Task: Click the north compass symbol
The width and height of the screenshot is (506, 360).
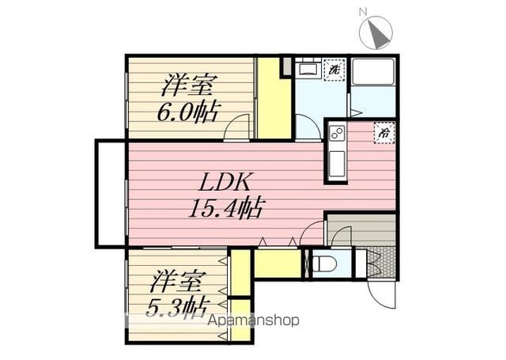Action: coord(376,33)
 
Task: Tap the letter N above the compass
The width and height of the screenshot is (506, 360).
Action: coord(363,13)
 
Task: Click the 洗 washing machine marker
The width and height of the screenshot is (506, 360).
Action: coord(334,70)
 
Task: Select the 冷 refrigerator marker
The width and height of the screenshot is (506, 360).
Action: coord(384,132)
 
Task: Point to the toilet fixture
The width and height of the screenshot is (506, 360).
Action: coord(325,263)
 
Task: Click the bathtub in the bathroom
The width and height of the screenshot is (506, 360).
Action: coord(373,72)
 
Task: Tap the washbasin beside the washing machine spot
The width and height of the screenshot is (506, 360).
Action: coord(308,70)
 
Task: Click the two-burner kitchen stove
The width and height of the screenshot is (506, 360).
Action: coord(336,134)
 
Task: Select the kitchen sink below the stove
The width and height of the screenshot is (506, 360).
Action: coord(337,164)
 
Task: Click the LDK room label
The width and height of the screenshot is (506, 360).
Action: coord(225,183)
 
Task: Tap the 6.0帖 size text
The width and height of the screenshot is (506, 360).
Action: coord(187,112)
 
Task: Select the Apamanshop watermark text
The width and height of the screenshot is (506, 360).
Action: coord(253,320)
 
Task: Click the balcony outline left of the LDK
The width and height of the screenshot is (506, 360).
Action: coord(96,194)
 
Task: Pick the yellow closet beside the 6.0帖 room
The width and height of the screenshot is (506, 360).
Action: coord(274,98)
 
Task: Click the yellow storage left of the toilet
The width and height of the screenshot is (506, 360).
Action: coord(278,263)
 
